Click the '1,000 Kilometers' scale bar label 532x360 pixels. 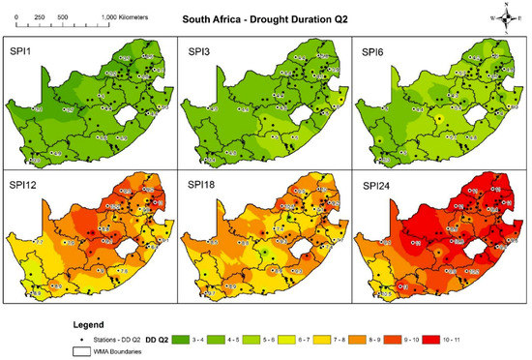123,18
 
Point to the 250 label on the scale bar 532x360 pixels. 38,18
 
